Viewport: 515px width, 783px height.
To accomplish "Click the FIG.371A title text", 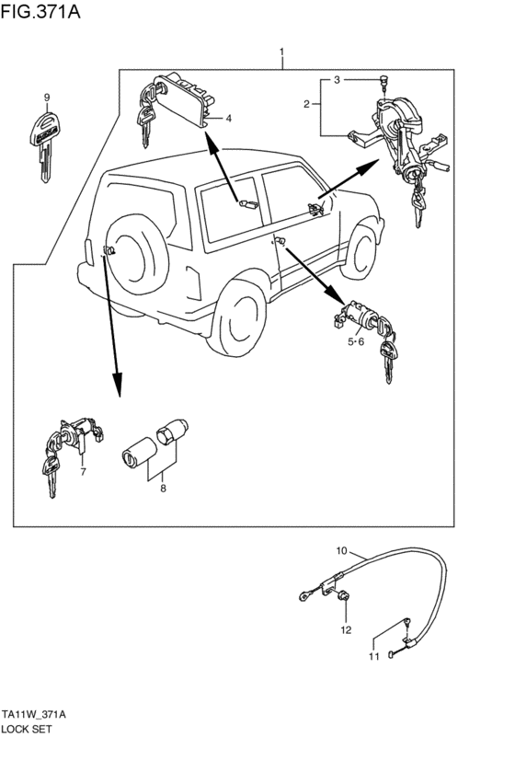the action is click(x=40, y=11).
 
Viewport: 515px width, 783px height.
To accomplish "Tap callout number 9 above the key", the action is click(x=47, y=98).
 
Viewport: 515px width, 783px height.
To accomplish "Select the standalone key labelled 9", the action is click(x=44, y=145).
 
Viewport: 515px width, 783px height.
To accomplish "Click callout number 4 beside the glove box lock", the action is click(x=228, y=119).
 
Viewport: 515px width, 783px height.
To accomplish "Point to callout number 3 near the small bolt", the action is click(x=337, y=80).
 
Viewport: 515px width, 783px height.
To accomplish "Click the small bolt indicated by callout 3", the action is click(x=384, y=82).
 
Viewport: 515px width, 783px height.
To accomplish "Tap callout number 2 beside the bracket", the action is click(x=307, y=104).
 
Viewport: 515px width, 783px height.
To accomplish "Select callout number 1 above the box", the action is click(x=282, y=52).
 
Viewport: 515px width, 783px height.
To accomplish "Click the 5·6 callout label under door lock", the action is click(x=356, y=341).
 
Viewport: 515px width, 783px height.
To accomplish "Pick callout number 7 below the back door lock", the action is click(x=84, y=471).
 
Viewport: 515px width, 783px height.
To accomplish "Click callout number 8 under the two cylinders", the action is click(x=163, y=488).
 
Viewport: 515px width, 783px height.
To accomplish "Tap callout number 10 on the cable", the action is click(x=341, y=551).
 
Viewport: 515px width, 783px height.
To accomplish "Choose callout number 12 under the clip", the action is click(x=346, y=630).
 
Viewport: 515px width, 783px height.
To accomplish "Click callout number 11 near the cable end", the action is click(x=373, y=657).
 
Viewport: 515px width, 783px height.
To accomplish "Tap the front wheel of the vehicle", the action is click(x=360, y=251).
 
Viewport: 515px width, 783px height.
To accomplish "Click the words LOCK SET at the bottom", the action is click(x=27, y=729).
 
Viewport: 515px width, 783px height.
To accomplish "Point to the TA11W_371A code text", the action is click(x=33, y=715).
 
